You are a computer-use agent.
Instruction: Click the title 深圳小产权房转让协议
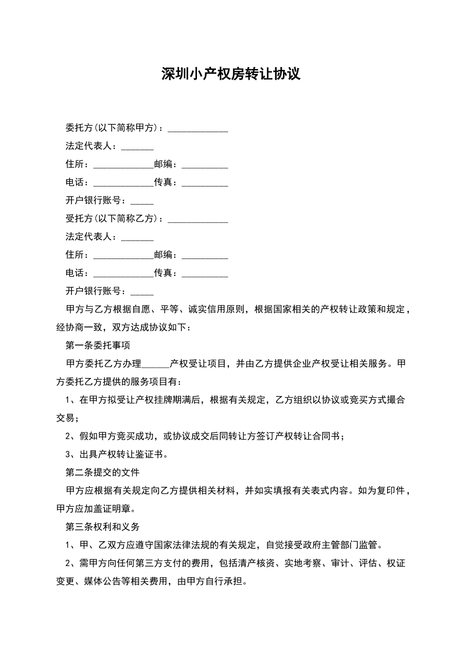pyautogui.click(x=231, y=74)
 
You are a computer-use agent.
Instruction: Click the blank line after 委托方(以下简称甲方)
pyautogui.click(x=198, y=129)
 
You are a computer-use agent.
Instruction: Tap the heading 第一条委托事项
pyautogui.click(x=98, y=346)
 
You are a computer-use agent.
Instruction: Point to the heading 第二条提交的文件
pyautogui.click(x=103, y=473)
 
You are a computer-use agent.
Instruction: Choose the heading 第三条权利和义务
pyautogui.click(x=103, y=527)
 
